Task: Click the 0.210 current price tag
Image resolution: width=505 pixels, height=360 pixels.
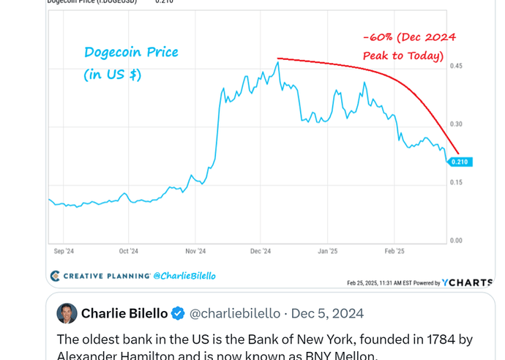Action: [460, 162]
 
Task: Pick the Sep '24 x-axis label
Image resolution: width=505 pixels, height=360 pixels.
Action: [64, 251]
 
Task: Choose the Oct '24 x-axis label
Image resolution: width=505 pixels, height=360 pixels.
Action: [128, 251]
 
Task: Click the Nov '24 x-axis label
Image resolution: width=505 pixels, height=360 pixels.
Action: [195, 251]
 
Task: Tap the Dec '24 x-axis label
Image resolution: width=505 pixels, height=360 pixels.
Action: [261, 251]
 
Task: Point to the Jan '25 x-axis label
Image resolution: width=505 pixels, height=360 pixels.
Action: [327, 251]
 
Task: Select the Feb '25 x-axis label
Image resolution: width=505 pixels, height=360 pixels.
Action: [394, 251]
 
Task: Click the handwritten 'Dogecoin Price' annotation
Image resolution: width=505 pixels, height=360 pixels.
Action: [131, 53]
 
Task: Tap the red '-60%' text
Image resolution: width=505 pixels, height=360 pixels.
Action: [380, 37]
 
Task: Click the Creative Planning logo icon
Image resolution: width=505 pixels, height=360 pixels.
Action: [55, 276]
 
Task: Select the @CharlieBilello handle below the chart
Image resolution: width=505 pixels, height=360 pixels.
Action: [184, 276]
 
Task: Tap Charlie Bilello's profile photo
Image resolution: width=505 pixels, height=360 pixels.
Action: [67, 313]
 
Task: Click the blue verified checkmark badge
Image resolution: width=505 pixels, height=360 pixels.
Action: [178, 314]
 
